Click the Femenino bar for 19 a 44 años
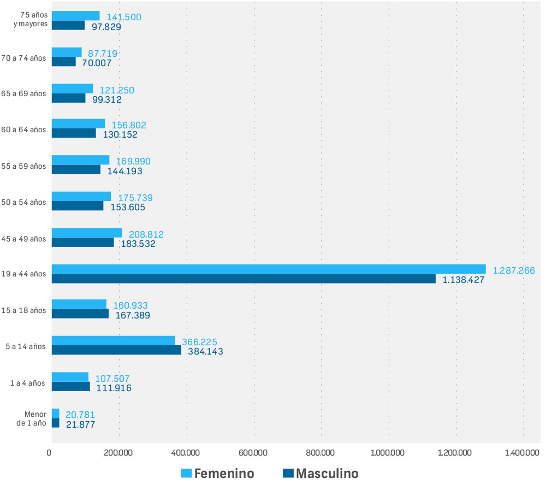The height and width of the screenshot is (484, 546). click(x=269, y=269)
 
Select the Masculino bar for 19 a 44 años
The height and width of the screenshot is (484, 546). click(x=244, y=279)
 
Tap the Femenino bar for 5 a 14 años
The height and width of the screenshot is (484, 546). click(x=114, y=340)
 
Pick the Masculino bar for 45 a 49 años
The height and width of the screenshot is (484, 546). click(x=83, y=242)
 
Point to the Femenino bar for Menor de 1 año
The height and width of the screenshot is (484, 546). click(x=56, y=413)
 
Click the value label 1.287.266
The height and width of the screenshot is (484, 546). click(x=517, y=270)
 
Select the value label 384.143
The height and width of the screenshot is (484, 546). click(x=205, y=351)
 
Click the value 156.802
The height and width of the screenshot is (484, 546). click(x=129, y=125)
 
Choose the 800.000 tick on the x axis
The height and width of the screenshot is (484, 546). click(x=321, y=452)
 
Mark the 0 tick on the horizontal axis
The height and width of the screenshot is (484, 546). click(x=50, y=452)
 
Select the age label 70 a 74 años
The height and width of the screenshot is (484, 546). click(x=24, y=57)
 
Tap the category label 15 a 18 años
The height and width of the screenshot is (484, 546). click(x=24, y=310)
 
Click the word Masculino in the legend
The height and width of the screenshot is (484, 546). click(x=327, y=473)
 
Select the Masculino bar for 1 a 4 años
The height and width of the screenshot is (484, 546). click(x=71, y=386)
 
